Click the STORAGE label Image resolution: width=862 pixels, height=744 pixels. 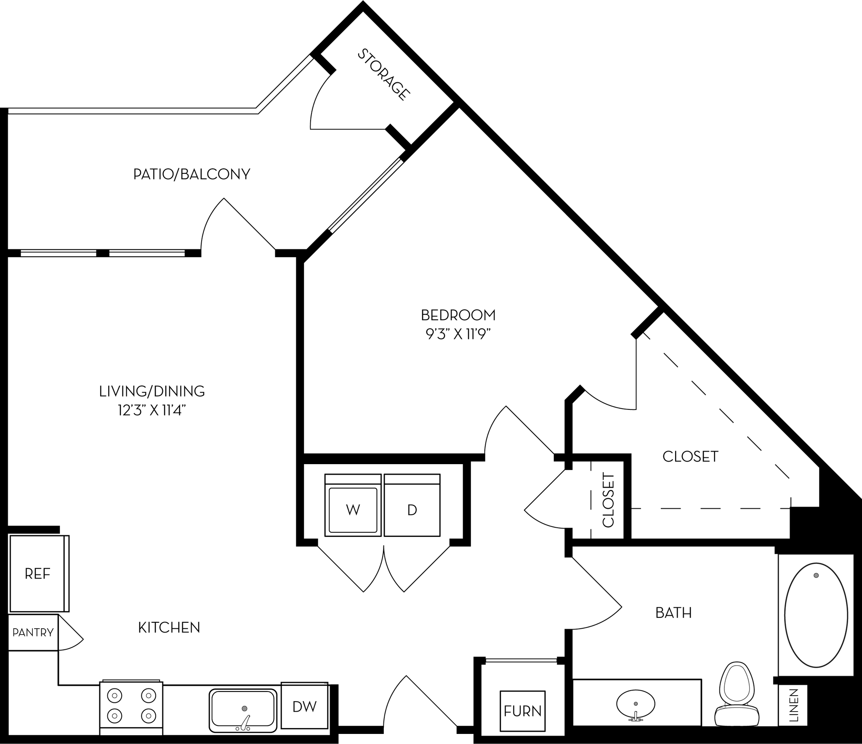click(383, 74)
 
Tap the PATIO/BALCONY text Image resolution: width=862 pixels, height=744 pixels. click(192, 174)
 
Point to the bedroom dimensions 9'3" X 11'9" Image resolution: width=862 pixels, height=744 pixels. click(458, 334)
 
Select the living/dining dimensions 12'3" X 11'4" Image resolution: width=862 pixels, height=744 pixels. click(152, 410)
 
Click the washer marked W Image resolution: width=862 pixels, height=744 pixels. click(353, 510)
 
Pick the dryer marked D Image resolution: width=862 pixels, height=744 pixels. click(412, 510)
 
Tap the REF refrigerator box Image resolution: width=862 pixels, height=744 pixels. click(38, 574)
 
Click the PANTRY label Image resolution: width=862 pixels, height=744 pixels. click(33, 632)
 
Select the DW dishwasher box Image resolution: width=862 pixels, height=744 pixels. click(304, 707)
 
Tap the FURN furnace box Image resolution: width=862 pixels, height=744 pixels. click(522, 711)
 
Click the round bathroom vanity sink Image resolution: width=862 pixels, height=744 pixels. click(636, 703)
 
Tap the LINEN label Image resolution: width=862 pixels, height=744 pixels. click(793, 705)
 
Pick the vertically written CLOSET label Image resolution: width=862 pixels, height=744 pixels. click(609, 500)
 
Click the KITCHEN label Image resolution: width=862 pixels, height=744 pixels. click(169, 628)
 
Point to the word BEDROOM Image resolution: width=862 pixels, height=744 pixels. click(458, 315)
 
